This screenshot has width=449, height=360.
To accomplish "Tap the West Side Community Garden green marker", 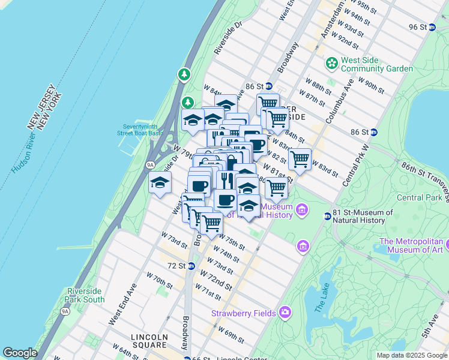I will pos(331,63).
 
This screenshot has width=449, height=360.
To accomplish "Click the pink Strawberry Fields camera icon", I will pos(285,313).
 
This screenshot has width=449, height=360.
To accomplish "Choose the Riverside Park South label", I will pos(86,295).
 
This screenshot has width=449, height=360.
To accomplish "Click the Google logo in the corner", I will pos(20,353).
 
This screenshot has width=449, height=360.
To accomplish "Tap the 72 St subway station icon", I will pos(191,266).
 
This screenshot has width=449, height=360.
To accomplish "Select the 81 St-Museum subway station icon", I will pos(327,216).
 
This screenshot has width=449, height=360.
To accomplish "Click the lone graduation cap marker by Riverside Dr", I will pos(160,183).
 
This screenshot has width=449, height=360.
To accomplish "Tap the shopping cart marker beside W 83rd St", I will pos(300,160).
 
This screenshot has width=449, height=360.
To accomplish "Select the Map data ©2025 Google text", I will pos(411,355).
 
